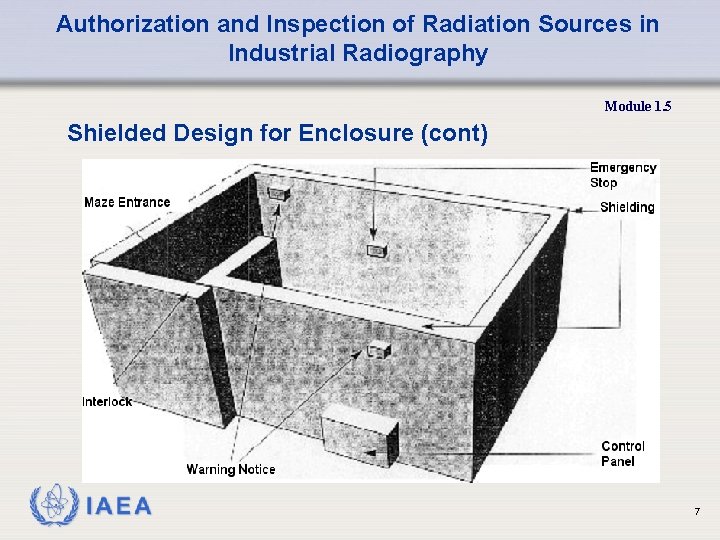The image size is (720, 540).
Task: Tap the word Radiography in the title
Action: (x=425, y=54)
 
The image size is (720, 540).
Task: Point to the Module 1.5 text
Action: (x=638, y=106)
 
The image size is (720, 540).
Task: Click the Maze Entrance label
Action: (x=127, y=202)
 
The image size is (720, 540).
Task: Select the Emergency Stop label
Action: (x=622, y=175)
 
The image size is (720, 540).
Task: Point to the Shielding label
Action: (x=627, y=208)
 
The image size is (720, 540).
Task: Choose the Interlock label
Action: (x=107, y=402)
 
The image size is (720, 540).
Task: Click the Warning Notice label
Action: (x=230, y=469)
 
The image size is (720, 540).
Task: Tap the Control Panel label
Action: (x=623, y=454)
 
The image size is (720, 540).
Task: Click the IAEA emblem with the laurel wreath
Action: (x=52, y=506)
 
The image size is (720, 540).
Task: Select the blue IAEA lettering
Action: (x=119, y=507)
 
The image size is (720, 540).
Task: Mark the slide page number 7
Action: (x=697, y=513)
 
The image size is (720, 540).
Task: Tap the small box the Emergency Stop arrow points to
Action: (x=376, y=250)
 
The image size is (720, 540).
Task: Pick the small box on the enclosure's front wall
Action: (x=377, y=350)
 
